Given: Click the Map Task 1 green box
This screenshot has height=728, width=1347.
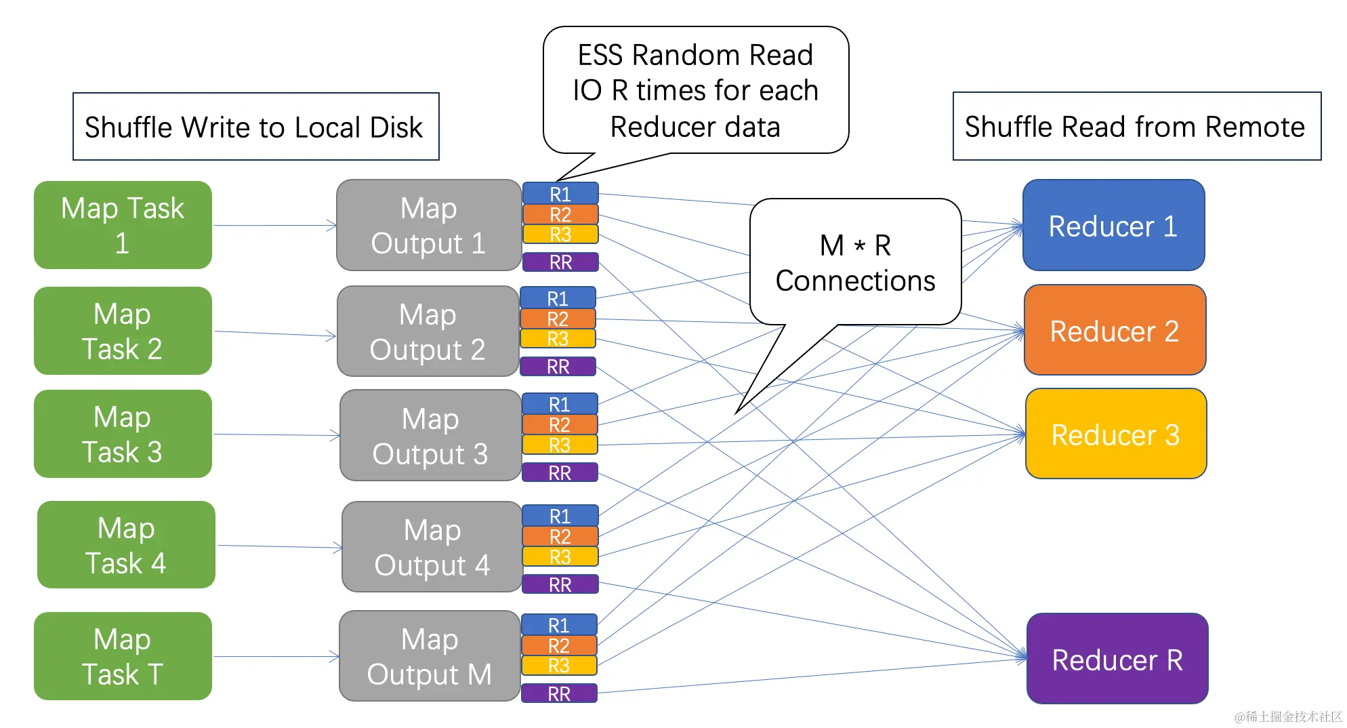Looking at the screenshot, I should pyautogui.click(x=123, y=225).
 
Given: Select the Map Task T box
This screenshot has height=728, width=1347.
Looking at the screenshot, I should pyautogui.click(x=123, y=656).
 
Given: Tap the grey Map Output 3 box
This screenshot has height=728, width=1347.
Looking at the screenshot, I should pyautogui.click(x=430, y=435).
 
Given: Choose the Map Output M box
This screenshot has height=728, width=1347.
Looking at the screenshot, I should pyautogui.click(x=430, y=656).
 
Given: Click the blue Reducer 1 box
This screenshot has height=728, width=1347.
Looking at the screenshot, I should pyautogui.click(x=1113, y=225).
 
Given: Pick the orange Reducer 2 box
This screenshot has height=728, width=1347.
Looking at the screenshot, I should pyautogui.click(x=1115, y=330).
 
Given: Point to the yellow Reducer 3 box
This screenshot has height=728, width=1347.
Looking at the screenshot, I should pyautogui.click(x=1116, y=434).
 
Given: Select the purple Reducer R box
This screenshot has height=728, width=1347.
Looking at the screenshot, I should pyautogui.click(x=1117, y=659).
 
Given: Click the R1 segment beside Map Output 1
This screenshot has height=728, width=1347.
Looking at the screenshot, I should pyautogui.click(x=560, y=194).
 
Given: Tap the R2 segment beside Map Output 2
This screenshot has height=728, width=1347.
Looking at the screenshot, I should pyautogui.click(x=558, y=319).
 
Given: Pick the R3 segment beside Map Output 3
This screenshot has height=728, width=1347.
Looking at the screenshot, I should pyautogui.click(x=560, y=445).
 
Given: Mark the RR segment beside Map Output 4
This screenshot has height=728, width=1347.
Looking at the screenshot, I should pyautogui.click(x=560, y=584).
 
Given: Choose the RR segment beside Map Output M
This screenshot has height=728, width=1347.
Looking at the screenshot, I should pyautogui.click(x=559, y=693).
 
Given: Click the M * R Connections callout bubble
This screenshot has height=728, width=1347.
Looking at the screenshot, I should pyautogui.click(x=855, y=263).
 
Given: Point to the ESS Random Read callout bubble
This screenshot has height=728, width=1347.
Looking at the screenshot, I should pyautogui.click(x=696, y=90).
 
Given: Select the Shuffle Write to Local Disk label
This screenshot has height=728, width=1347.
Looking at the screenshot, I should pyautogui.click(x=255, y=127).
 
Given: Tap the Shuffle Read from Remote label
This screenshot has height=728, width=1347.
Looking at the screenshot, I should pyautogui.click(x=1136, y=127).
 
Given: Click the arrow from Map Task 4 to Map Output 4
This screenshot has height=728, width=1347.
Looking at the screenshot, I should pyautogui.click(x=278, y=546).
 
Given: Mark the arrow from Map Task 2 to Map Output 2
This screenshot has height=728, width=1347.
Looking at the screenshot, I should pyautogui.click(x=274, y=333).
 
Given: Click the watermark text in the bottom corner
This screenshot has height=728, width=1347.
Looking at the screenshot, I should pyautogui.click(x=1287, y=716).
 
